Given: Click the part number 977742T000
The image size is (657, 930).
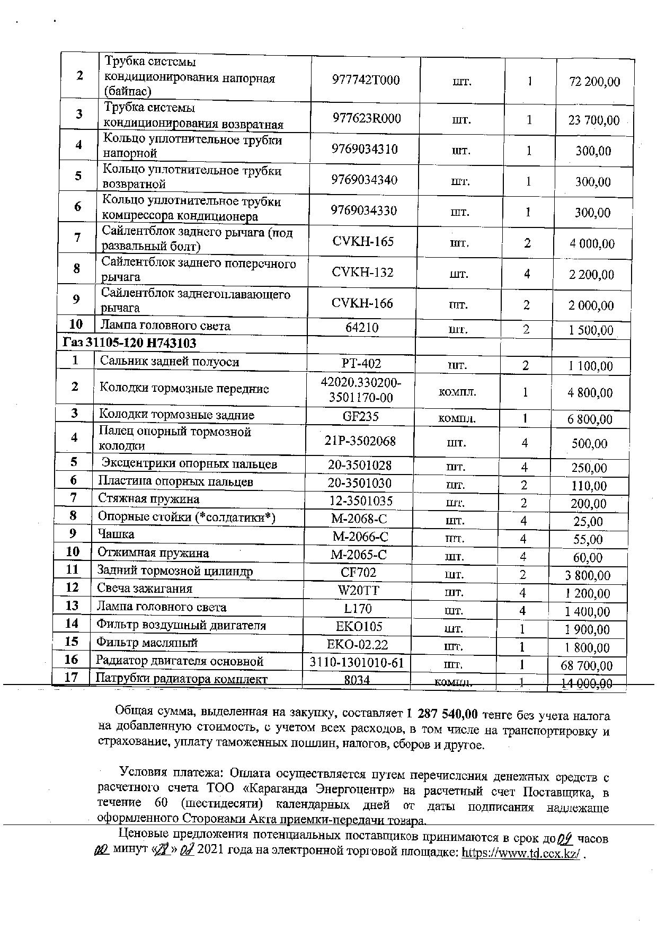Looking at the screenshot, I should point(366,81).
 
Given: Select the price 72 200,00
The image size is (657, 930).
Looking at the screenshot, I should point(594,82).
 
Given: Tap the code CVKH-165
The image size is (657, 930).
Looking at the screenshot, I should point(363,242).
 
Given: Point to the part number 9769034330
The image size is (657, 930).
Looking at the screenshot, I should point(364,210).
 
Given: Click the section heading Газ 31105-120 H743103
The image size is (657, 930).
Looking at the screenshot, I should point(129,343).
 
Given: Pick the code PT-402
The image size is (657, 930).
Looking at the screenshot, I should point(361,363).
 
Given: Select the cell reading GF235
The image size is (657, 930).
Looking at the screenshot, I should point(361,416).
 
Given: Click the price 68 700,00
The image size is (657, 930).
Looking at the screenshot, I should point(587,665).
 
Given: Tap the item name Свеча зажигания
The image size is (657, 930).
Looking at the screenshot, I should point(145,589).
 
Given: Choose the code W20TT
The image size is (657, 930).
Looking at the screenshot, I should point(359,591).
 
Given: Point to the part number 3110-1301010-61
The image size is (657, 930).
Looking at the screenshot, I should point(357,662).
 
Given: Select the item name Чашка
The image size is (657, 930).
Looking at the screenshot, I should point(116,534).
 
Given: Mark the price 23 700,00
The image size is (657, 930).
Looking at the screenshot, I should point(594,120).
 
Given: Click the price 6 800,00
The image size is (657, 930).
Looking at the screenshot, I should point(590,419).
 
